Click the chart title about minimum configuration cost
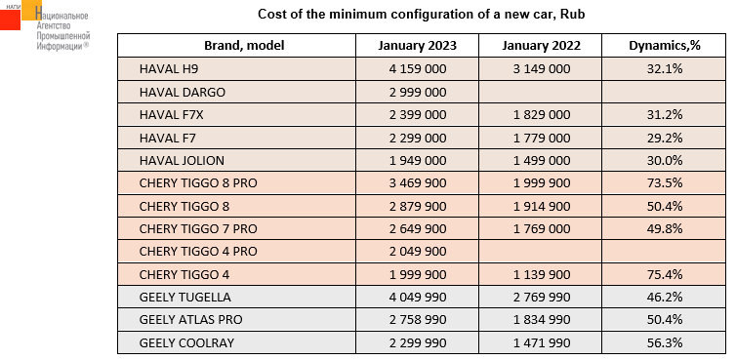click(x=421, y=14)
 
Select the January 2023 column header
click(x=417, y=46)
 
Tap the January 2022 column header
click(x=541, y=46)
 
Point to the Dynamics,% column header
click(x=664, y=46)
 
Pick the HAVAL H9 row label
click(x=169, y=69)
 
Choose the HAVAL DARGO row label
click(x=183, y=92)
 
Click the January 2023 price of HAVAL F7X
click(x=417, y=115)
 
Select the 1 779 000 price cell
click(x=541, y=138)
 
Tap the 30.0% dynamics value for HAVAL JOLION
click(x=664, y=161)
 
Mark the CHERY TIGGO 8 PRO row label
click(x=198, y=183)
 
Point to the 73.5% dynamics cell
click(x=664, y=183)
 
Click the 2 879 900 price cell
click(x=417, y=206)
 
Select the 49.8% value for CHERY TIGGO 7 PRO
click(x=664, y=229)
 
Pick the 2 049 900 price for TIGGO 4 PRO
click(x=417, y=252)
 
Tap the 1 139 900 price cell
click(x=541, y=274)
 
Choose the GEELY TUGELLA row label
click(x=184, y=298)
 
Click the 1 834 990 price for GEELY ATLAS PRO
click(x=541, y=320)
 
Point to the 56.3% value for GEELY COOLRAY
click(x=664, y=343)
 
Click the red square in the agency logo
click(x=10, y=20)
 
